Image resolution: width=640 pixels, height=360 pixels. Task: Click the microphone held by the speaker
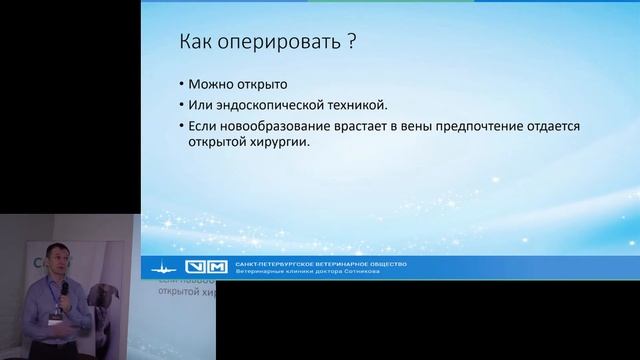(x=63, y=289)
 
